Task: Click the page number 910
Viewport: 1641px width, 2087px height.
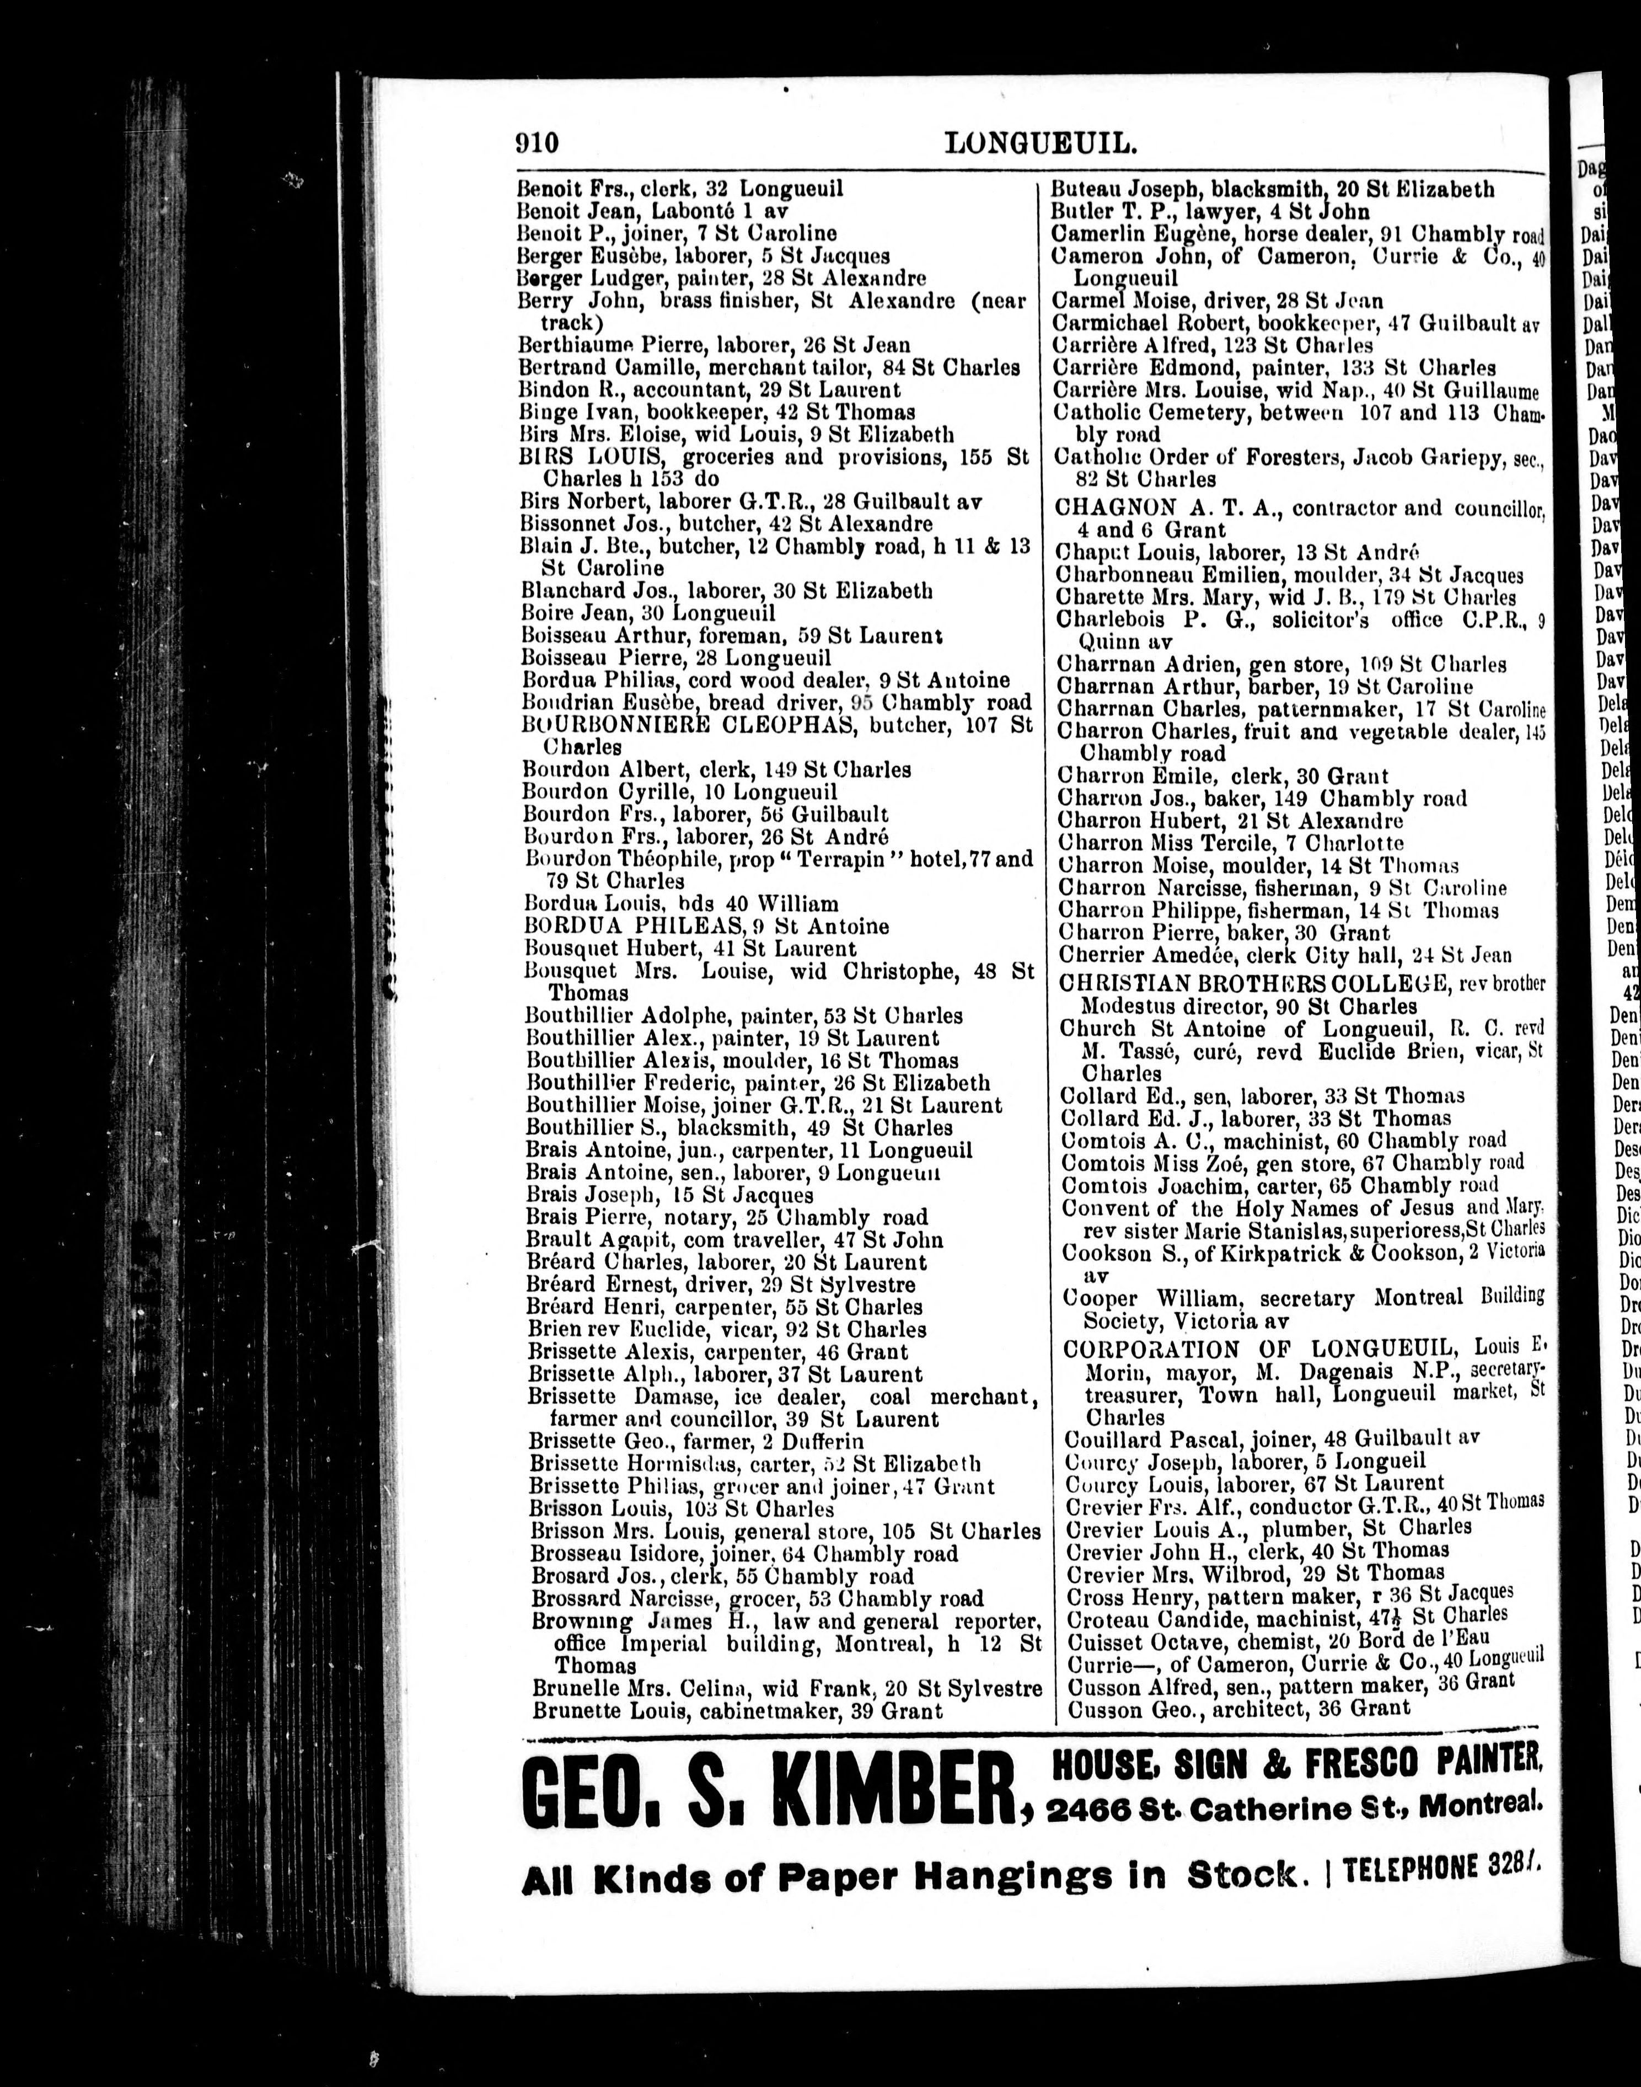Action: coord(536,143)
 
